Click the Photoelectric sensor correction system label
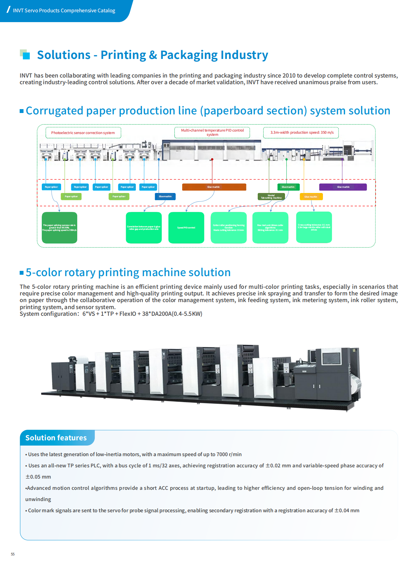click(x=83, y=133)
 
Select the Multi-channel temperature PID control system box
click(x=212, y=132)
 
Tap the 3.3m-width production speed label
click(x=301, y=133)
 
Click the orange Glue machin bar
click(x=214, y=187)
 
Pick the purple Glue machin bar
click(x=343, y=187)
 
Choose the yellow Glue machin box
click(x=311, y=197)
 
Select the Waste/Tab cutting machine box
click(x=271, y=197)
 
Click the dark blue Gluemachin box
click(x=165, y=196)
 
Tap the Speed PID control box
click(x=186, y=228)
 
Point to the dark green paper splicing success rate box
click(x=59, y=228)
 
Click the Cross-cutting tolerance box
click(x=314, y=227)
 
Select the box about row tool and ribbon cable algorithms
click(x=270, y=228)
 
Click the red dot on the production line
click(x=212, y=159)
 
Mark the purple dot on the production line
click(x=342, y=159)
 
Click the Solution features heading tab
click(x=56, y=438)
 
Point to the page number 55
click(x=13, y=554)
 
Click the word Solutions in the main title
click(x=64, y=55)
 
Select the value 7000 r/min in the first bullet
click(x=229, y=454)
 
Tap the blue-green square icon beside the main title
click(x=25, y=54)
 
